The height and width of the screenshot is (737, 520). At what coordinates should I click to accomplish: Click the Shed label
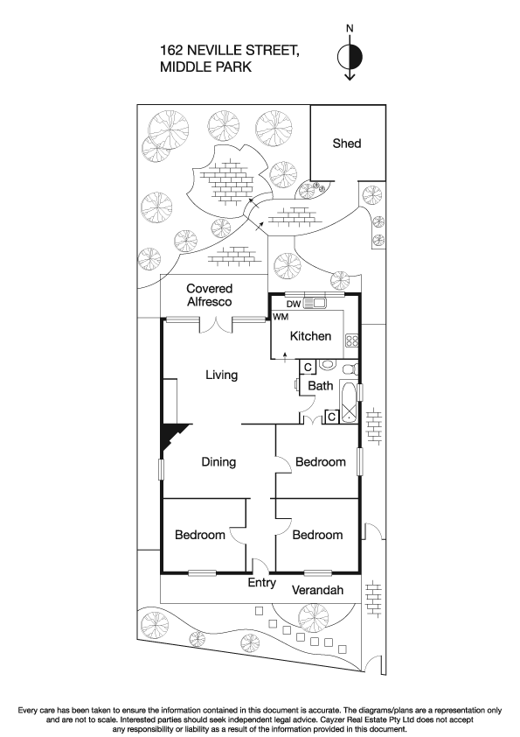pyautogui.click(x=346, y=144)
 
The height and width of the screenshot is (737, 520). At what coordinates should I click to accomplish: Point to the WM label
pyautogui.click(x=281, y=317)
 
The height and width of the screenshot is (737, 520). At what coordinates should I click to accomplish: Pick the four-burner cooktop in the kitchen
pyautogui.click(x=352, y=341)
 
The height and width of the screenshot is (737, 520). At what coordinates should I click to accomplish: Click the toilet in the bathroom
pyautogui.click(x=328, y=366)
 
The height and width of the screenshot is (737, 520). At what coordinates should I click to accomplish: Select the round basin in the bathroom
pyautogui.click(x=349, y=368)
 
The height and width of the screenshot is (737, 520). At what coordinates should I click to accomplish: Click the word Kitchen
pyautogui.click(x=310, y=336)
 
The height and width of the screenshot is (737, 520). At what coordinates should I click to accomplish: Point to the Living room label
pyautogui.click(x=221, y=375)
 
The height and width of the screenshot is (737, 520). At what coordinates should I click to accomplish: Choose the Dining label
pyautogui.click(x=220, y=462)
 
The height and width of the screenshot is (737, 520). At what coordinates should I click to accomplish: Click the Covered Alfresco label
pyautogui.click(x=209, y=295)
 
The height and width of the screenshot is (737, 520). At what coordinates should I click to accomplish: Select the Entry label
pyautogui.click(x=262, y=584)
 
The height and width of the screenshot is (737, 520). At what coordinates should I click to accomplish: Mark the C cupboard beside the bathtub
pyautogui.click(x=332, y=417)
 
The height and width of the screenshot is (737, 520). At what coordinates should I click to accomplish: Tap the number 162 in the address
pyautogui.click(x=174, y=52)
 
